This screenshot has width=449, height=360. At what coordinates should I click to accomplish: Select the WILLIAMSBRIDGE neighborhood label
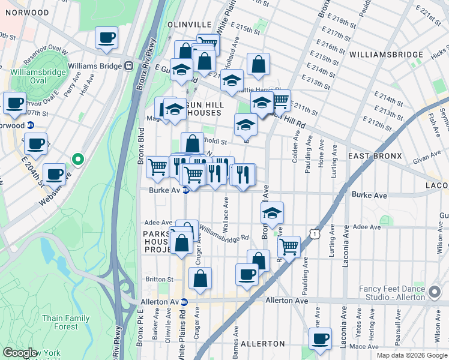pos(386,55)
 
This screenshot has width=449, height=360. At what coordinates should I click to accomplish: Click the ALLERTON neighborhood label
pos(262,344)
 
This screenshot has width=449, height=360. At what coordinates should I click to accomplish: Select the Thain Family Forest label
pos(66,322)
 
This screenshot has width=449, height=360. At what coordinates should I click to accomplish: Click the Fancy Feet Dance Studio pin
pos(435,293)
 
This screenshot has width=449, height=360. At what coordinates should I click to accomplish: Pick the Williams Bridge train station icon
pos(128,65)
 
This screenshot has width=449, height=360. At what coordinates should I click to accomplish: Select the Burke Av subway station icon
pos(186,191)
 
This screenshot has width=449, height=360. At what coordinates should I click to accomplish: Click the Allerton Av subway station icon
pos(184,302)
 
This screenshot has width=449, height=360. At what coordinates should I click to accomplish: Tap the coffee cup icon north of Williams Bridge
pos(106,38)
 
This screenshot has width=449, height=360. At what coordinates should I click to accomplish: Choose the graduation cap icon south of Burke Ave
pos(272,212)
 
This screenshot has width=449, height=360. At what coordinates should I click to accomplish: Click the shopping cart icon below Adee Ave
pos(289,245)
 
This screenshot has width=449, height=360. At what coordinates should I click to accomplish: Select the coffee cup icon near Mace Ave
pos(320,338)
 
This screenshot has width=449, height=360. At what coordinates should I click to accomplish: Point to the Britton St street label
pos(161,279)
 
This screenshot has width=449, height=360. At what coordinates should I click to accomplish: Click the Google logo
pos(20,353)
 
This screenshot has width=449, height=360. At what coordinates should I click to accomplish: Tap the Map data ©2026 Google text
pos(411,355)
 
